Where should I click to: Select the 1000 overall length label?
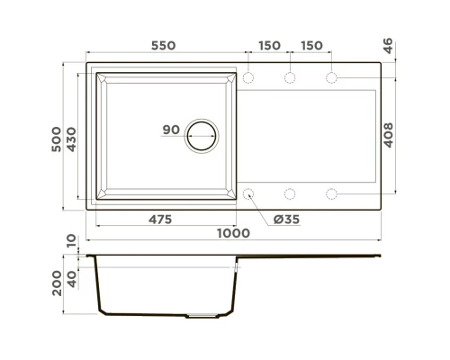233,233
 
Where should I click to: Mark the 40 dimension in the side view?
74,275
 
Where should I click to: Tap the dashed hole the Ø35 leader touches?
249,193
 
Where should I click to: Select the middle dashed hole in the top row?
290,78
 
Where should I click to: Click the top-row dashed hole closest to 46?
331,78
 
